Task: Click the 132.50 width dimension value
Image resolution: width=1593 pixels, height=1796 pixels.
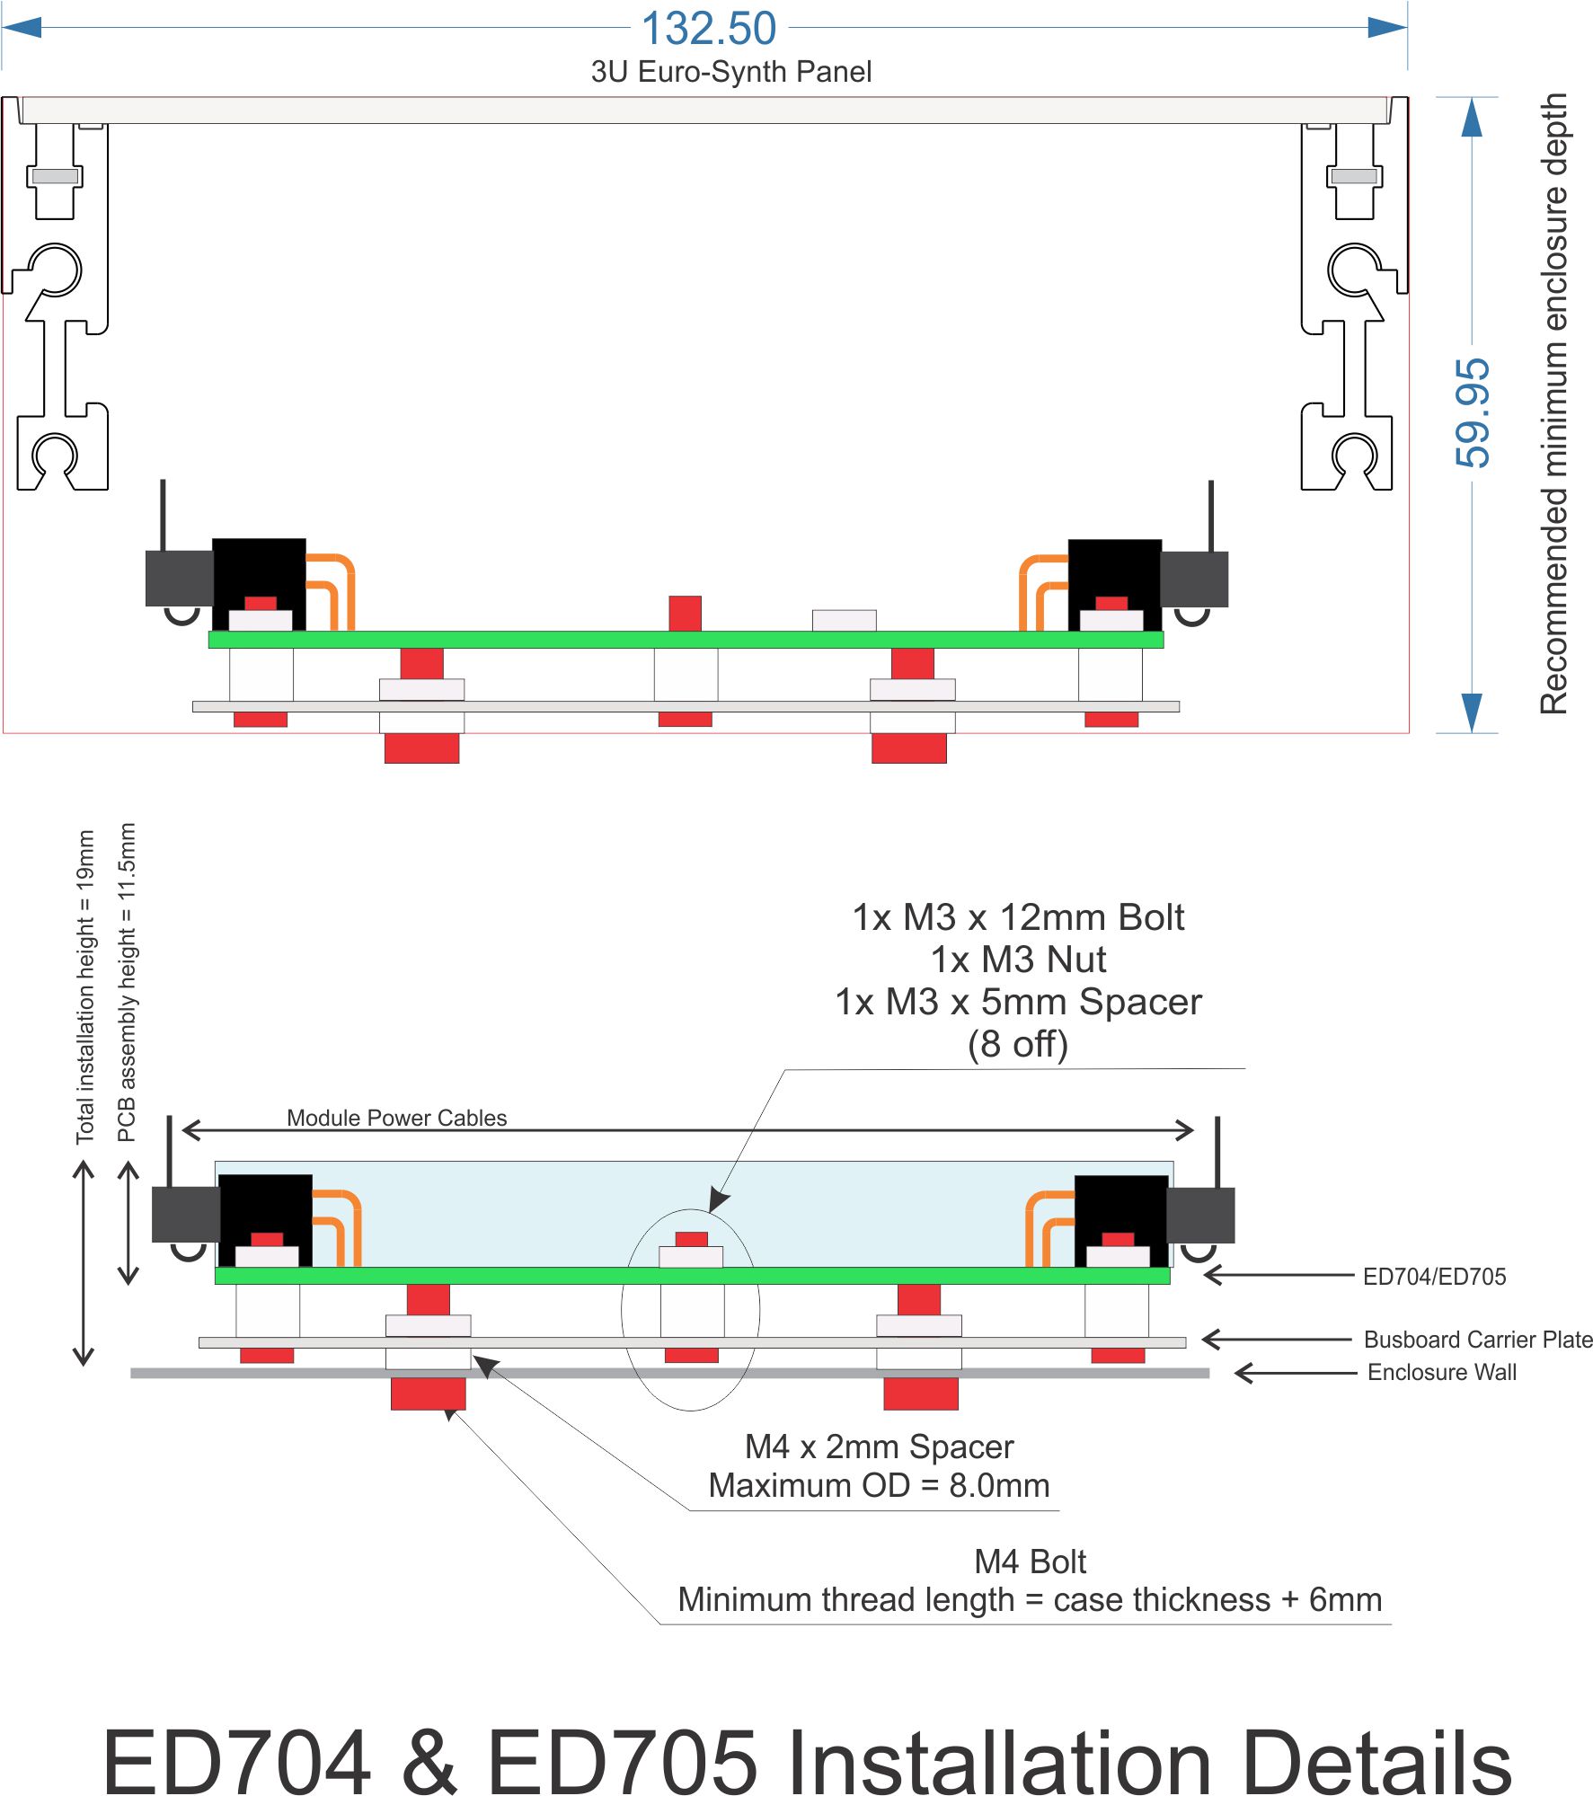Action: (709, 29)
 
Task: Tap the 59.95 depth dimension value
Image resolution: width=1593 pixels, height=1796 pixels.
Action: (1473, 412)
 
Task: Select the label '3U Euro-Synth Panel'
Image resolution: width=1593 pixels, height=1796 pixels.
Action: (730, 72)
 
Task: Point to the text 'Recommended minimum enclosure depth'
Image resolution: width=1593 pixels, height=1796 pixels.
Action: (1553, 403)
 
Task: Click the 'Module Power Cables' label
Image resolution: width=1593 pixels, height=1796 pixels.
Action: (396, 1118)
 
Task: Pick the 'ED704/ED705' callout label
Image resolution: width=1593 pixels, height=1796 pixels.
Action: (1434, 1277)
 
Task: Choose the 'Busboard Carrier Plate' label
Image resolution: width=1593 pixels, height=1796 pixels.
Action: (1477, 1340)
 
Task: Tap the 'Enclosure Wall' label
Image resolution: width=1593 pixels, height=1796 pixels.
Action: (1441, 1372)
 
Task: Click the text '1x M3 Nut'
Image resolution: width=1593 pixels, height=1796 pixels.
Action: (1018, 960)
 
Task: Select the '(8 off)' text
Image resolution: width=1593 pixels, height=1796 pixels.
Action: (1018, 1044)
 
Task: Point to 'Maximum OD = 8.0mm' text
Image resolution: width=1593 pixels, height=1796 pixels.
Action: (879, 1486)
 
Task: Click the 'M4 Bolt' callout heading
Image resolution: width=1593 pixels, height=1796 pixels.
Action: (1030, 1562)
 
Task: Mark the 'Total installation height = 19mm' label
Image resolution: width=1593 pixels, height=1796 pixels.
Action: (85, 986)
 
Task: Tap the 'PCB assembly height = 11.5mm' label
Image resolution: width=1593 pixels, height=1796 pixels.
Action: (127, 982)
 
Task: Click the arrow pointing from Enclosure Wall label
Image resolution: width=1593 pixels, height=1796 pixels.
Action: (1295, 1373)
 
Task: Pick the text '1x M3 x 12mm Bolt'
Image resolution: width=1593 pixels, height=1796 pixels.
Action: (1018, 917)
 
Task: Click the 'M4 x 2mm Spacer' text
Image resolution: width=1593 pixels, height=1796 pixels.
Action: (879, 1447)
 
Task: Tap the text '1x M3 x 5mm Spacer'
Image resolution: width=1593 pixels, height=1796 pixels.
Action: (1018, 1002)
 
